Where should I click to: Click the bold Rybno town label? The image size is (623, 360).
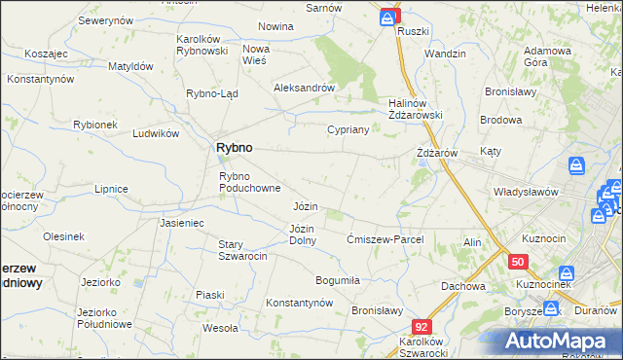click(x=233, y=147)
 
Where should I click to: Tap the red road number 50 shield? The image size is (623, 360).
click(x=518, y=263)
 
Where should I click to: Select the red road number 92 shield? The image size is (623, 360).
click(x=421, y=328)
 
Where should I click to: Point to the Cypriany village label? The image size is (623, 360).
click(x=347, y=129)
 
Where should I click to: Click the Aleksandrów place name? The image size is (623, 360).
click(x=304, y=87)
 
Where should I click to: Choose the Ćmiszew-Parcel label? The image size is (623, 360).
click(x=385, y=239)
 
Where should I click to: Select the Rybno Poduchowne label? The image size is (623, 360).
click(x=250, y=182)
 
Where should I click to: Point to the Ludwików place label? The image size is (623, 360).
click(x=156, y=133)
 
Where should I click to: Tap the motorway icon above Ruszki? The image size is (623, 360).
click(x=389, y=16)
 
